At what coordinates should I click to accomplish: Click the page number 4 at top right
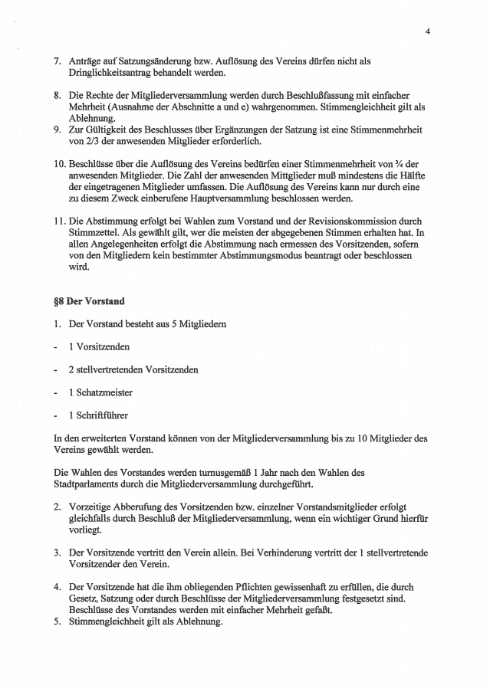click(x=428, y=31)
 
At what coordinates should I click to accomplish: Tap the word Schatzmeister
click(x=103, y=392)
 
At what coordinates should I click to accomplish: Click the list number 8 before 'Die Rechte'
click(x=57, y=96)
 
